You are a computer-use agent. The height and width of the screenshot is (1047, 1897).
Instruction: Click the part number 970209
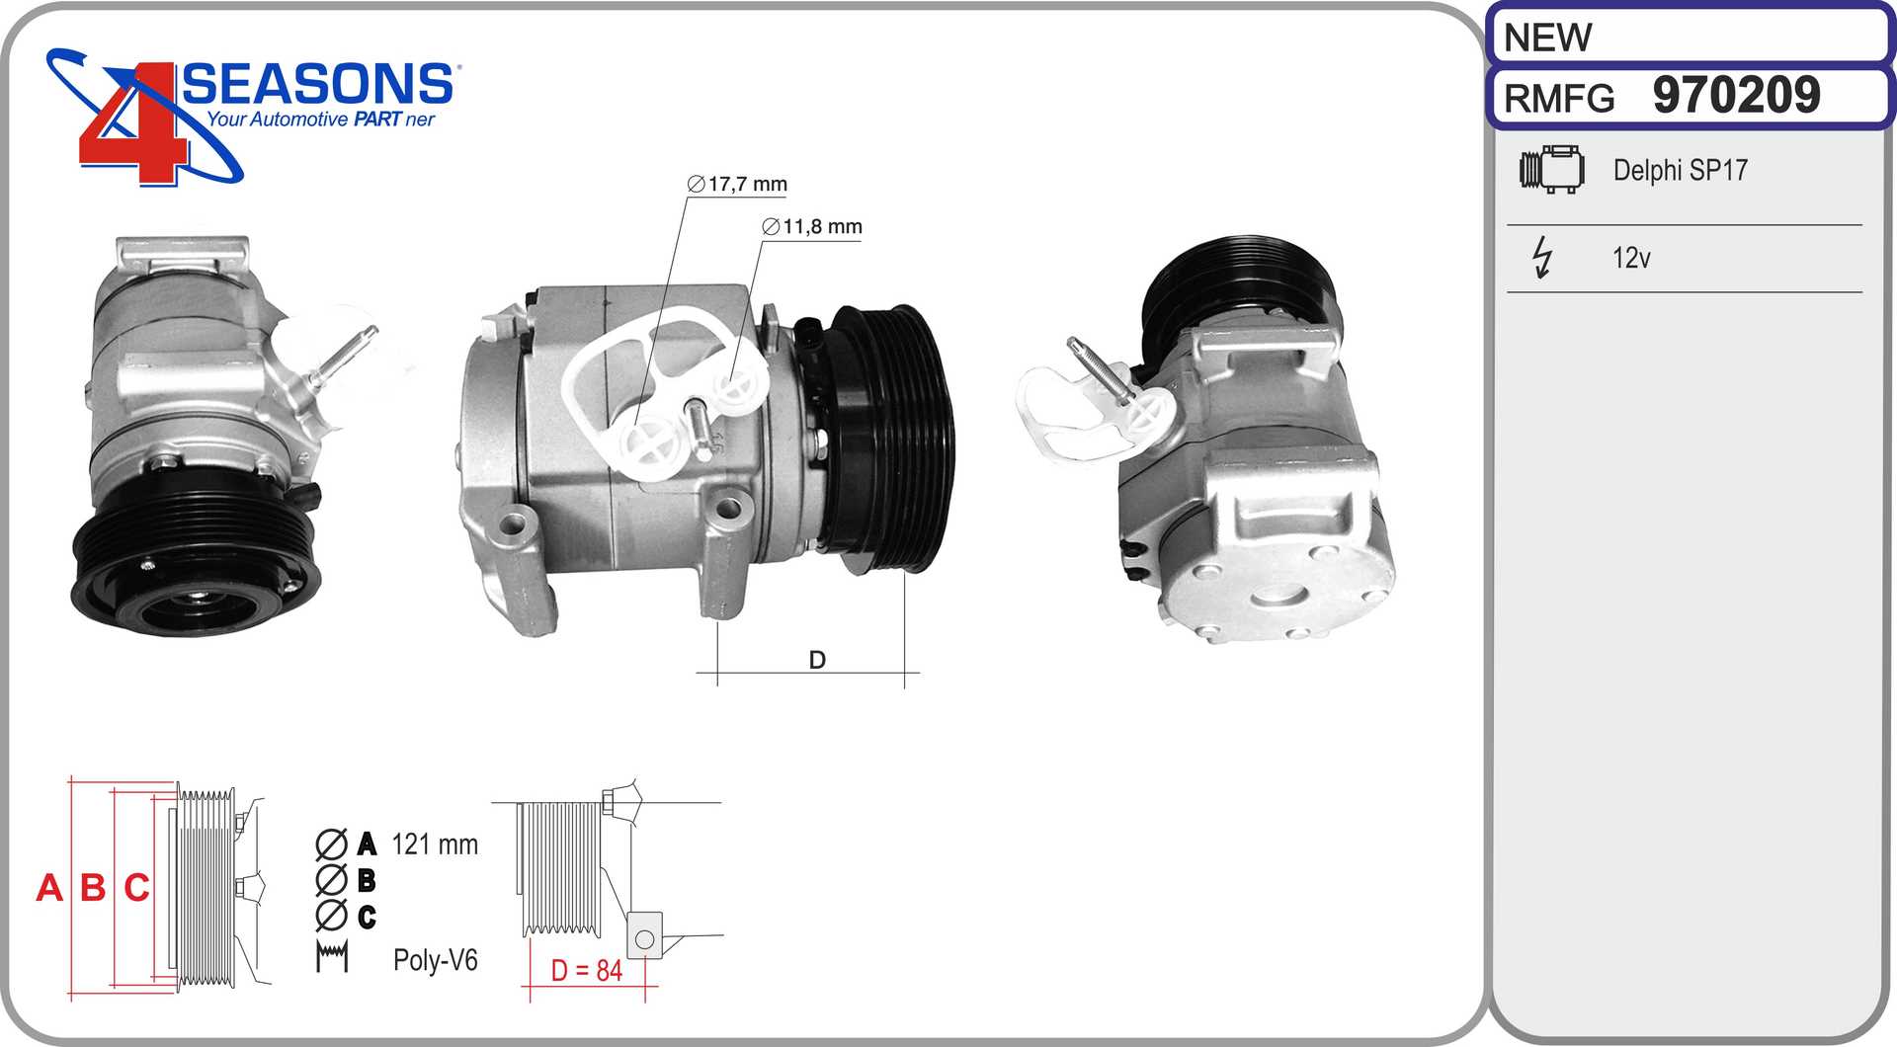[x=1736, y=95]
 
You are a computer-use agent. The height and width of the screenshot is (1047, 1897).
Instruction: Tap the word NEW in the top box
[x=1547, y=39]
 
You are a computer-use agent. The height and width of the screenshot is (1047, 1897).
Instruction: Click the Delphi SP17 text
[x=1680, y=170]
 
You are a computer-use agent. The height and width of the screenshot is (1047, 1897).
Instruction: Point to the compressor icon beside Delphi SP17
[x=1551, y=169]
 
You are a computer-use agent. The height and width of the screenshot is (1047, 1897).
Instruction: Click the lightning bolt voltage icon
[x=1541, y=257]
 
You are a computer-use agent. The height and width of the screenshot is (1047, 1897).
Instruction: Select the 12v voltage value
[x=1631, y=258]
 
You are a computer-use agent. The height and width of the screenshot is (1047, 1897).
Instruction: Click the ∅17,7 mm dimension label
[x=737, y=184]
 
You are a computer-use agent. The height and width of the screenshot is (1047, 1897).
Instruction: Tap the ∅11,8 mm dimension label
[x=812, y=226]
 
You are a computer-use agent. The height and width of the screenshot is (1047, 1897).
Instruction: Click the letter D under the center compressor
[x=817, y=660]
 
